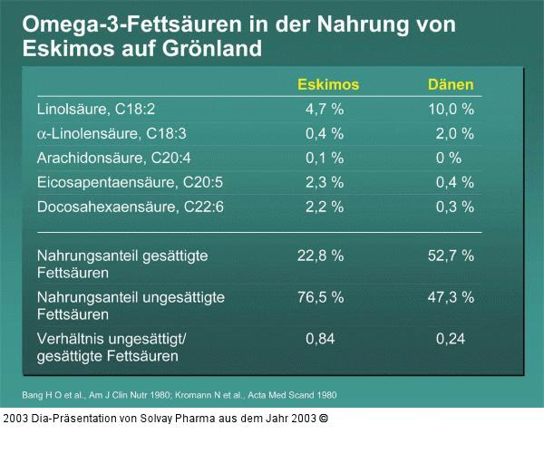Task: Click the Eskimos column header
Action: [328, 84]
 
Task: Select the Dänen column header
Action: [451, 84]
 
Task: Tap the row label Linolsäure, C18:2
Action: [96, 109]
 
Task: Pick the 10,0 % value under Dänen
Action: [451, 109]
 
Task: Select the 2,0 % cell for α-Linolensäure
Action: [454, 133]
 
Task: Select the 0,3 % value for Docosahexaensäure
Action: [454, 207]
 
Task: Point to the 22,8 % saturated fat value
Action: [321, 256]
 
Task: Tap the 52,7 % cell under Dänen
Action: [451, 256]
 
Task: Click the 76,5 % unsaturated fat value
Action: [321, 297]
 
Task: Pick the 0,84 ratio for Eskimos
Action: [321, 339]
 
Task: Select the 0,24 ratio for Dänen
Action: [451, 339]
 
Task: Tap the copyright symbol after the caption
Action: [324, 420]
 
